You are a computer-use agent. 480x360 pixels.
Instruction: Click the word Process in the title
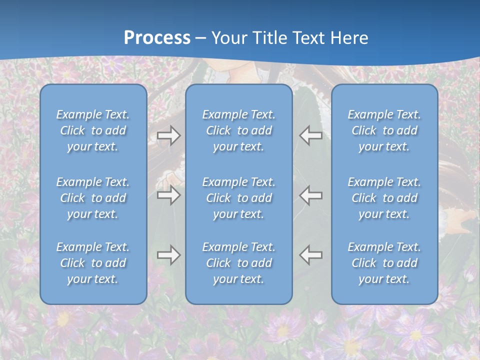click(x=157, y=38)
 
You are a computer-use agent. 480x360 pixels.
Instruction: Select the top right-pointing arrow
click(x=168, y=135)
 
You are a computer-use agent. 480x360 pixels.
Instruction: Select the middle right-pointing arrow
click(x=168, y=195)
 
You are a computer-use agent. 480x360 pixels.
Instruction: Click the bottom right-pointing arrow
click(x=168, y=255)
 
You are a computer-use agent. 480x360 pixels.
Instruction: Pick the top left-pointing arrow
click(x=311, y=135)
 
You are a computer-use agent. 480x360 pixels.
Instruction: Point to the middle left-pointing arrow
click(x=311, y=195)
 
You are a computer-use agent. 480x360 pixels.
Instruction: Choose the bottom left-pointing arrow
click(x=311, y=255)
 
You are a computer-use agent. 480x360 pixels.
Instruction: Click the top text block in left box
click(x=93, y=130)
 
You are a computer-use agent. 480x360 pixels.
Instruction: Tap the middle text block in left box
click(x=93, y=198)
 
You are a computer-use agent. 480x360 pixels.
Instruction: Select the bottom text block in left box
click(x=93, y=263)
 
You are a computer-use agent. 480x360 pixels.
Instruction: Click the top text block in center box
click(x=239, y=130)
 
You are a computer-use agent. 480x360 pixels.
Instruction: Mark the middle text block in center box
click(x=239, y=198)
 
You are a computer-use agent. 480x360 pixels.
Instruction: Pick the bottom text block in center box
click(x=239, y=263)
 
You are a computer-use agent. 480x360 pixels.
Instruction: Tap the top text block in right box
click(x=384, y=130)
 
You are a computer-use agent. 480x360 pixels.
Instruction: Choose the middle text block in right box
click(x=384, y=198)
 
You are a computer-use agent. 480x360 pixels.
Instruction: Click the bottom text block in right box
click(x=384, y=263)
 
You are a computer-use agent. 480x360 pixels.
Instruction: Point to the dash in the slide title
click(x=201, y=38)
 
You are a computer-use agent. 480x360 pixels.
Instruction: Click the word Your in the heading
click(x=229, y=38)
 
